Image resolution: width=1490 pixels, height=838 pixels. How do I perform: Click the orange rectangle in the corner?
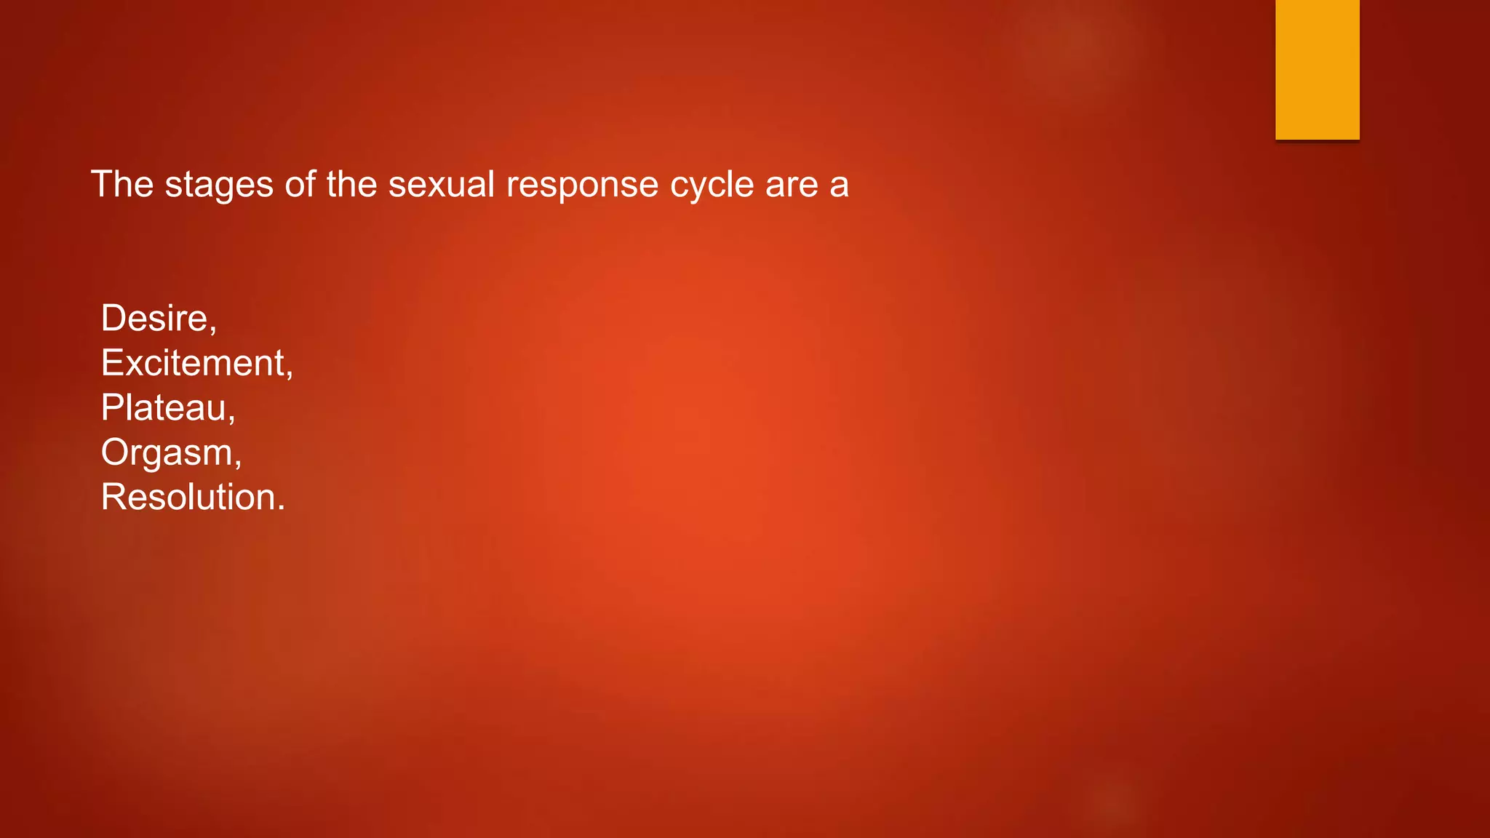tap(1317, 69)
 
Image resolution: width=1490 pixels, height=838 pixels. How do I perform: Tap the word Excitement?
tap(194, 363)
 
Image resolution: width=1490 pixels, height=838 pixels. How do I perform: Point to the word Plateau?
tap(164, 407)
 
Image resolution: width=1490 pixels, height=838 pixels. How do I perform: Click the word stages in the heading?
tap(220, 185)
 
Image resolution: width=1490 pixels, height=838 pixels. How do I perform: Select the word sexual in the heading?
tap(442, 184)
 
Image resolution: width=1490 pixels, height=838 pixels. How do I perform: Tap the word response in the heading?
tap(583, 185)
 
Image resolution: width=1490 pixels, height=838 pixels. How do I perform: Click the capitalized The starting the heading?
tap(122, 184)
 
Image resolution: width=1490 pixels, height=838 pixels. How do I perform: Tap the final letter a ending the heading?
tap(840, 186)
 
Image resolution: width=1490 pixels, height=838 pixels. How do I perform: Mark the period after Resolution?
tap(282, 509)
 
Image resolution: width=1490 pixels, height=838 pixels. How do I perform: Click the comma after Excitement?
tap(290, 375)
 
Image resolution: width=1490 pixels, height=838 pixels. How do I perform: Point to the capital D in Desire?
tap(113, 318)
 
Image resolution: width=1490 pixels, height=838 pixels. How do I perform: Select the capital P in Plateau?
tap(111, 407)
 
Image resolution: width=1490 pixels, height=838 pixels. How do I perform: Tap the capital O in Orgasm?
tap(114, 452)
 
